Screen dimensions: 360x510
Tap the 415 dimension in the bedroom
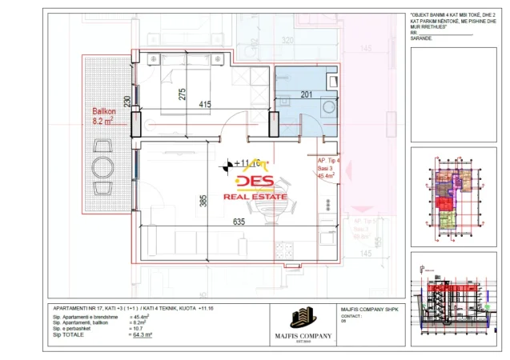click(205, 105)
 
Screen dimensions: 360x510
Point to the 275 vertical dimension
click(183, 93)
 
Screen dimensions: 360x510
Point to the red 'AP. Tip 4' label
click(329, 160)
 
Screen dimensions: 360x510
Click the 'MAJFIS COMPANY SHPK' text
click(367, 309)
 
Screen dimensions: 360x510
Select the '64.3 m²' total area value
click(143, 334)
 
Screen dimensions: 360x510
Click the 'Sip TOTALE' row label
click(69, 334)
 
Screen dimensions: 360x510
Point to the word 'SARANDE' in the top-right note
click(420, 38)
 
